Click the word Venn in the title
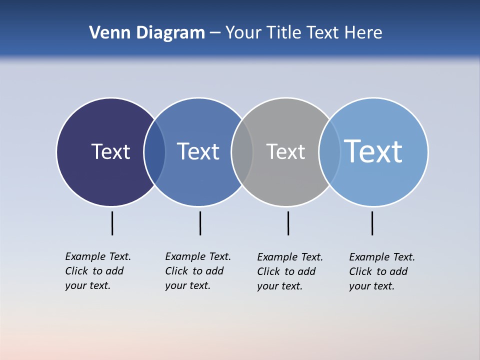pyautogui.click(x=106, y=33)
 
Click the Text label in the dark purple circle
pyautogui.click(x=110, y=151)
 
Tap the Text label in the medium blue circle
pyautogui.click(x=198, y=151)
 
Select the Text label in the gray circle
pyautogui.click(x=285, y=151)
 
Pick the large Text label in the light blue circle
pyautogui.click(x=373, y=151)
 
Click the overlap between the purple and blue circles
pyautogui.click(x=154, y=152)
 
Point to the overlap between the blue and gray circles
pyautogui.click(x=242, y=152)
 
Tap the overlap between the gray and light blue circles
pyautogui.click(x=329, y=152)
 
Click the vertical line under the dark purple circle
pyautogui.click(x=112, y=223)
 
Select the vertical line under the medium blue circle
pyautogui.click(x=200, y=223)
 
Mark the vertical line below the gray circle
pyautogui.click(x=288, y=223)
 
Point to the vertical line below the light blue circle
pyautogui.click(x=372, y=223)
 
